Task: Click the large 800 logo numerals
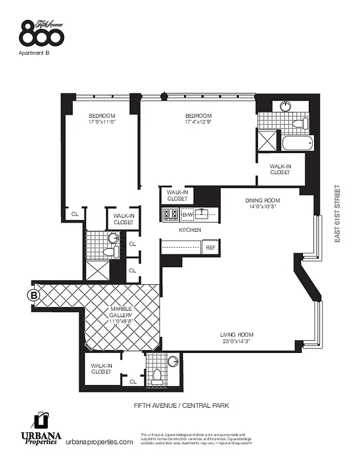tap(41, 36)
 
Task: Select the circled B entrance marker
tap(34, 295)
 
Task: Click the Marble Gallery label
tap(122, 311)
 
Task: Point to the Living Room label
tap(236, 334)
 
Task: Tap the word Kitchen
tap(190, 230)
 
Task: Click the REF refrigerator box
tap(211, 247)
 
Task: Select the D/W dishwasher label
tap(187, 215)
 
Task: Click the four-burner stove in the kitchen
tap(170, 214)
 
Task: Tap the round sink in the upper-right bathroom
tap(286, 106)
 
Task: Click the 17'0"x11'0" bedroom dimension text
tap(102, 122)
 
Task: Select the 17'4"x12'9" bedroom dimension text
tap(198, 122)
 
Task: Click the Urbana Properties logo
tap(40, 430)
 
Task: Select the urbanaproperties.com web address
tap(99, 442)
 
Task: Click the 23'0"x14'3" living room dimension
tap(236, 341)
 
